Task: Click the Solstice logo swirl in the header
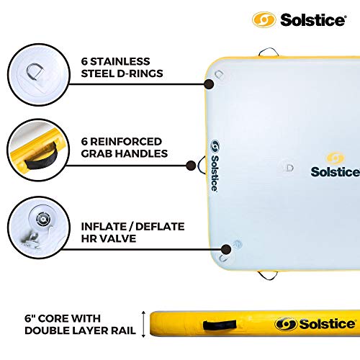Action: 264,19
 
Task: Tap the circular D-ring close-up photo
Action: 39,75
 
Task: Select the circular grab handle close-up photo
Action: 38,150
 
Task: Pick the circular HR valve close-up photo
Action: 39,227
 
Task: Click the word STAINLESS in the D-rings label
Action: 120,61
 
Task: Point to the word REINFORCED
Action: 126,142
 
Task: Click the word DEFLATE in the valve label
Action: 160,227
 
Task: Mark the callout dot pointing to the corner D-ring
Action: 209,84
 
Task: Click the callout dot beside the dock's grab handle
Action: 191,166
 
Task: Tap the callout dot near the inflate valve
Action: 226,249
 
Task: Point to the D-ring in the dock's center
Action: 289,168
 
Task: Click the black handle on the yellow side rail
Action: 220,325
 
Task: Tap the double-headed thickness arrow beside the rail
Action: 143,324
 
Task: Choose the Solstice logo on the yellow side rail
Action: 315,324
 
